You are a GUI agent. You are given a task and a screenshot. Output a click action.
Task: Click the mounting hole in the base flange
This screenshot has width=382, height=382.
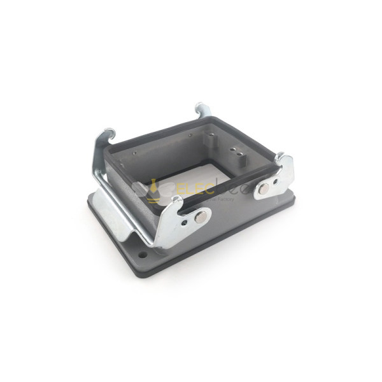[143, 256]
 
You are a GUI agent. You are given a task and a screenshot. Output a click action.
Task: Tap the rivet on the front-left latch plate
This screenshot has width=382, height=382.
[200, 217]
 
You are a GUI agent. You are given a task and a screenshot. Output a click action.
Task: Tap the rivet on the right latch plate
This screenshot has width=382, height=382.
[264, 188]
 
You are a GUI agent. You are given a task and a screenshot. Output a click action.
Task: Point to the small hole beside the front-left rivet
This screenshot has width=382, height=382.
[185, 222]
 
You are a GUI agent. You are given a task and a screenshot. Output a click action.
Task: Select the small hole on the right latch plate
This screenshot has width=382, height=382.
[276, 181]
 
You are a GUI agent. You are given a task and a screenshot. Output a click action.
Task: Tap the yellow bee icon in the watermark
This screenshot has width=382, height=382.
[153, 191]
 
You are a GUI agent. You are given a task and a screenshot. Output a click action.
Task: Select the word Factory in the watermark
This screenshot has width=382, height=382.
[226, 199]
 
